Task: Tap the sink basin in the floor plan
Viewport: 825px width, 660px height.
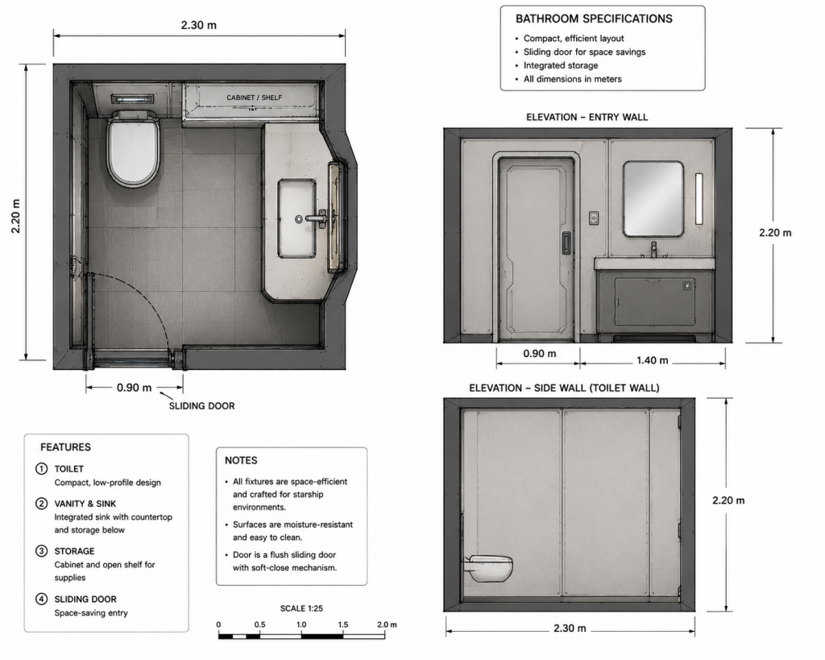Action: click(x=297, y=218)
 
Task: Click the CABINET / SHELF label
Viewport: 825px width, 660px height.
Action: click(x=254, y=98)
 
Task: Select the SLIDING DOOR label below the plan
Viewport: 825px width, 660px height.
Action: click(x=201, y=406)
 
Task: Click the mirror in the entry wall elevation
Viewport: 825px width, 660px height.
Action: click(x=653, y=199)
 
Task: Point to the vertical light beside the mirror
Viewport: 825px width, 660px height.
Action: click(x=699, y=199)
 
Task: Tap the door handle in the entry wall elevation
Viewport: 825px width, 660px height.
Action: click(x=566, y=243)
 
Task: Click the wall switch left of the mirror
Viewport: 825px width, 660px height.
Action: click(x=594, y=218)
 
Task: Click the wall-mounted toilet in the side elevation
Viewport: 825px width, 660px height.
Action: click(x=488, y=568)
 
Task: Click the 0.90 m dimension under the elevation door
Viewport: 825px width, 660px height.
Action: click(x=539, y=354)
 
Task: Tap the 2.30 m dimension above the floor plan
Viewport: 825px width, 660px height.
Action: click(x=199, y=25)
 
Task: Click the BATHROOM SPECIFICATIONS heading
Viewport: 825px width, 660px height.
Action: click(x=594, y=19)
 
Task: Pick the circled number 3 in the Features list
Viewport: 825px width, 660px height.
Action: click(x=41, y=551)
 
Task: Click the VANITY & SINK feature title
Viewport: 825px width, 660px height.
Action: click(x=85, y=504)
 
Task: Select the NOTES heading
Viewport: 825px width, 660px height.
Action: click(x=241, y=460)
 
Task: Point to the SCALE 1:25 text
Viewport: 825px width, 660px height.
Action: click(x=301, y=608)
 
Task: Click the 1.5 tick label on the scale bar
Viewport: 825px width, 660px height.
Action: click(x=343, y=625)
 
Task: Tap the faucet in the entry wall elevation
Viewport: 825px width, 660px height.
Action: click(x=653, y=249)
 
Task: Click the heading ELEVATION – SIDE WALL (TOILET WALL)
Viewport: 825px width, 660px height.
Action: click(x=564, y=388)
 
